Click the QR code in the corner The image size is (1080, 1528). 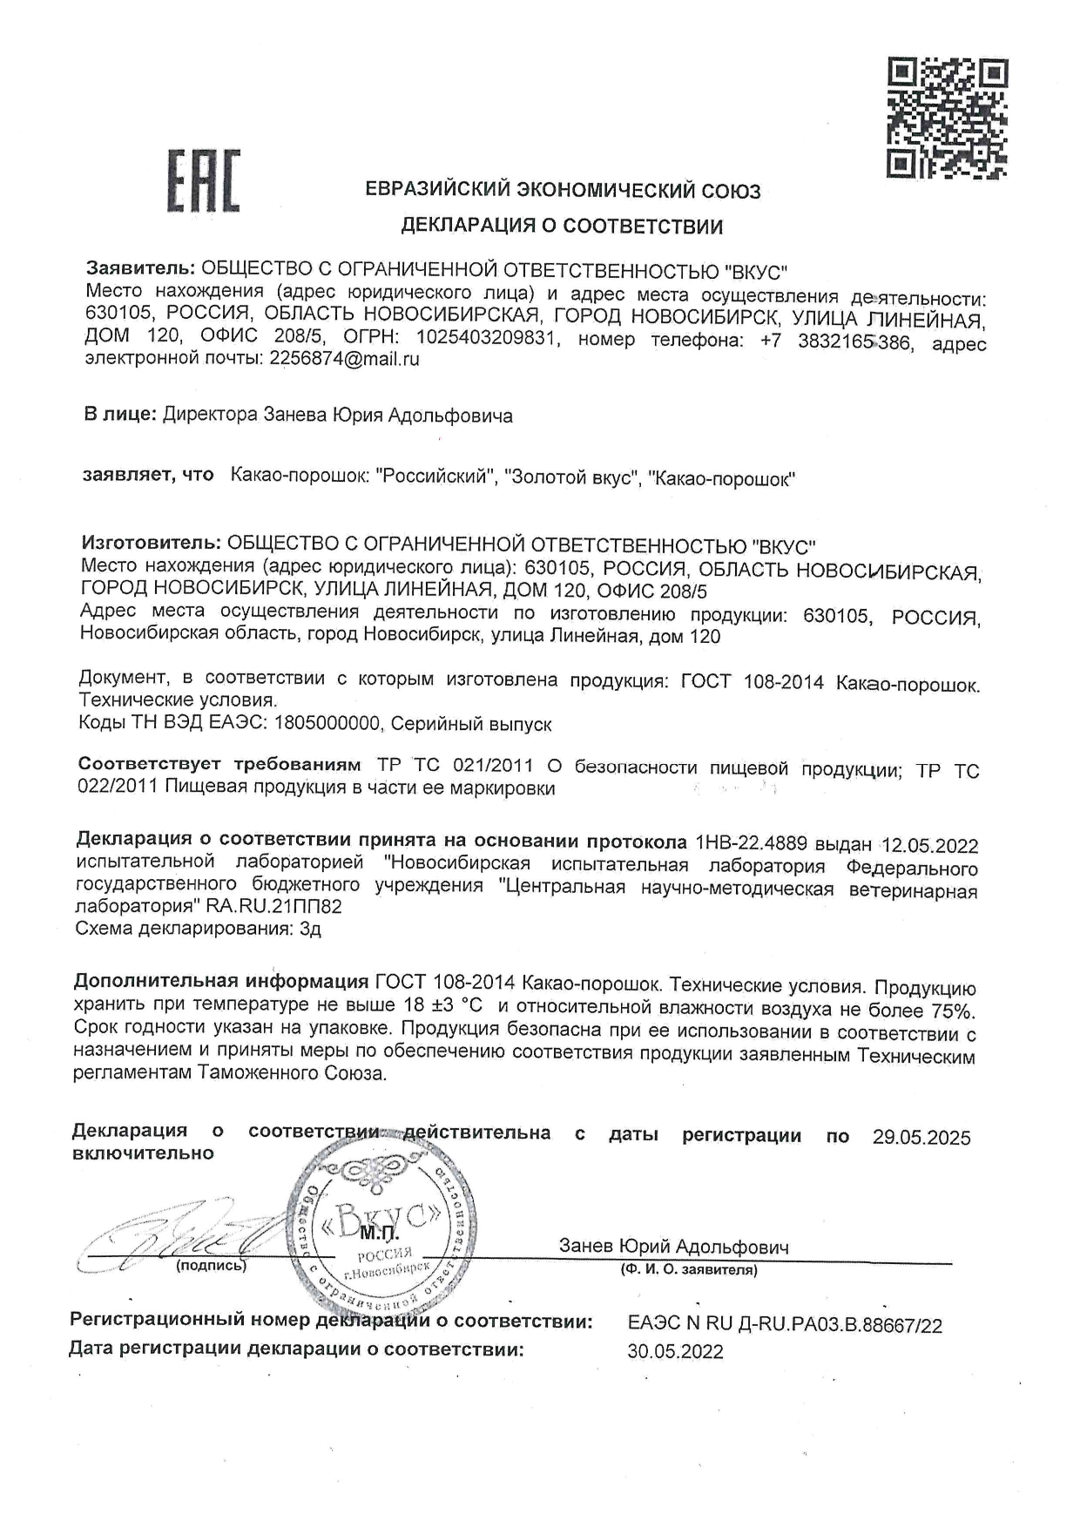pyautogui.click(x=948, y=118)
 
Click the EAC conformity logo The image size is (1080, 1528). pyautogui.click(x=204, y=181)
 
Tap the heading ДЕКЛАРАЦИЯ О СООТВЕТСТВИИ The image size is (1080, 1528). pyautogui.click(x=562, y=227)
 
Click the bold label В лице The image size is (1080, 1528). pyautogui.click(x=120, y=415)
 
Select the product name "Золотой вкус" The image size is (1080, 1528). pyautogui.click(x=571, y=477)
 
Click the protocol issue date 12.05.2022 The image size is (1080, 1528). pyautogui.click(x=930, y=845)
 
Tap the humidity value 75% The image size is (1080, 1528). pyautogui.click(x=953, y=1011)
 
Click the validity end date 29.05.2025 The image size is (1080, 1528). pyautogui.click(x=921, y=1137)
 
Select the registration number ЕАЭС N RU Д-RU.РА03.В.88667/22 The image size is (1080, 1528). pyautogui.click(x=784, y=1326)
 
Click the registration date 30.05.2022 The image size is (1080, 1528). pyautogui.click(x=675, y=1352)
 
